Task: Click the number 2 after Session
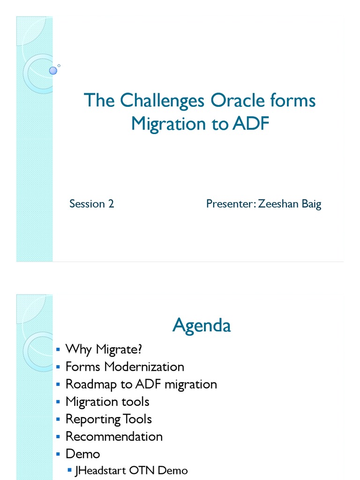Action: click(x=111, y=204)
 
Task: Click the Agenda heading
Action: click(x=202, y=325)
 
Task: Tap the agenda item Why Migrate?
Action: click(x=103, y=349)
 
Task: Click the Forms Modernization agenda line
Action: click(x=125, y=367)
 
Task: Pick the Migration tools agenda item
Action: click(x=107, y=402)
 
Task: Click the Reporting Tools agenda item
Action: click(x=108, y=419)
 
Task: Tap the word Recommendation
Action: click(x=114, y=436)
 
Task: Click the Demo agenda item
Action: click(x=82, y=454)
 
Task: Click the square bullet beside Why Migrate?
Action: click(x=58, y=350)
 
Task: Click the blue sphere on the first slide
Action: click(x=53, y=70)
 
